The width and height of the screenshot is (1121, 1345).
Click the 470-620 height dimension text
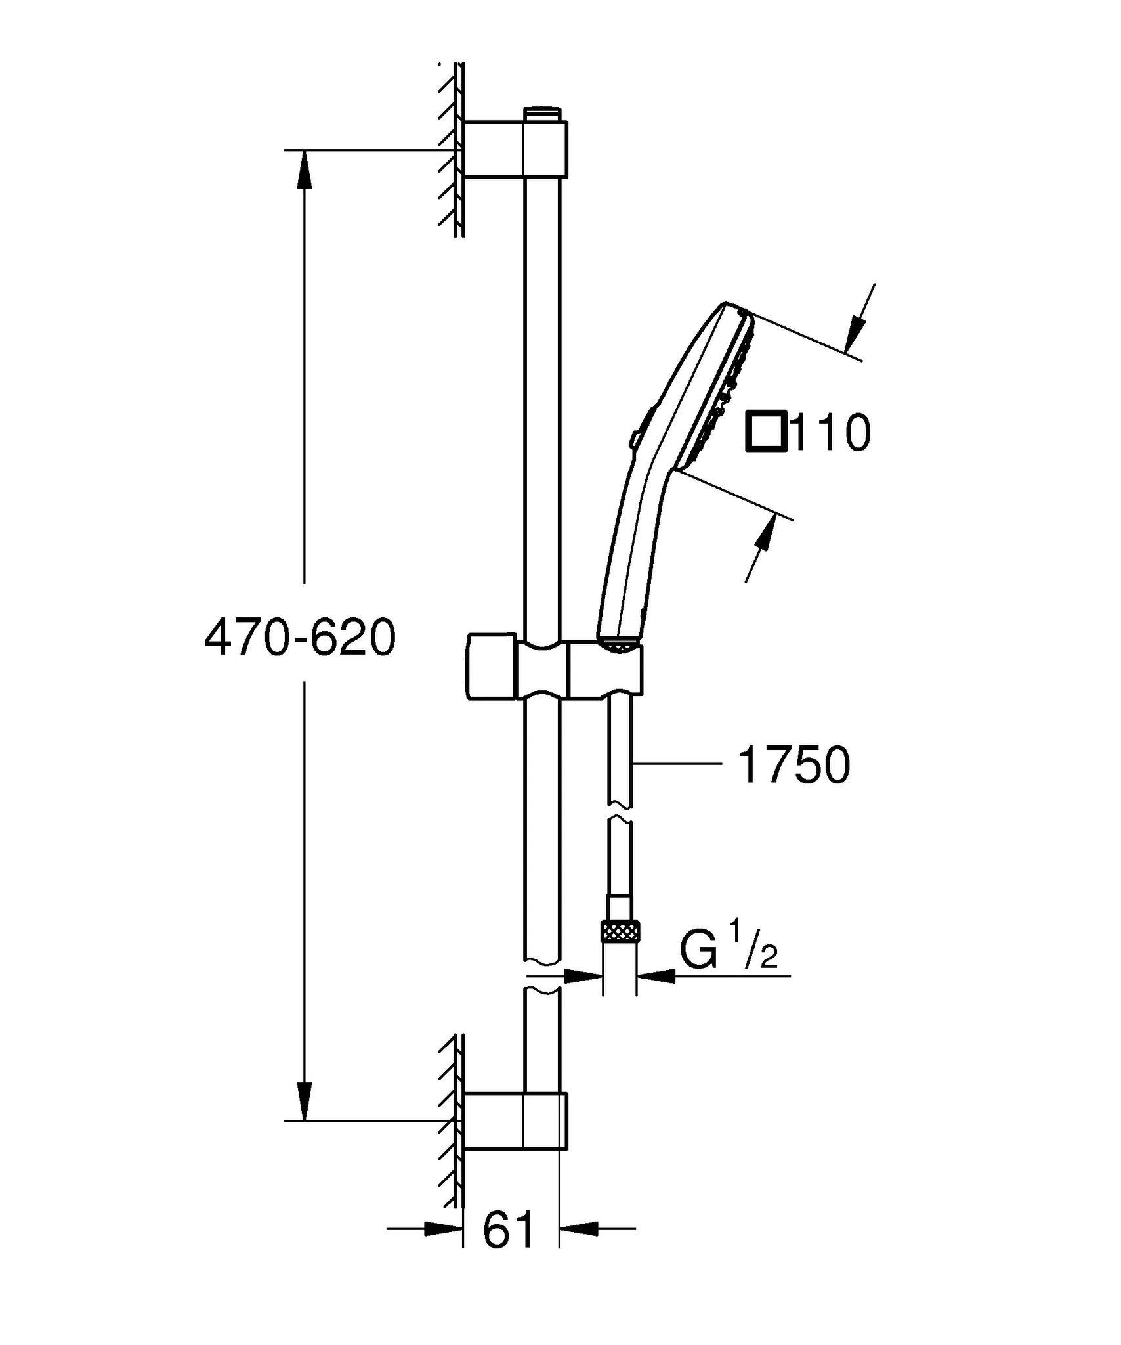coord(300,638)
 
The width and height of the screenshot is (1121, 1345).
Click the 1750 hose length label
coord(793,765)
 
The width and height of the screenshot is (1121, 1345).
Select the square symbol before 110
coord(765,432)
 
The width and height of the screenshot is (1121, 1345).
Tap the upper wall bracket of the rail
coord(513,149)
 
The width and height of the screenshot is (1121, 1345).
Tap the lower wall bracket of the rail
coord(513,1121)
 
